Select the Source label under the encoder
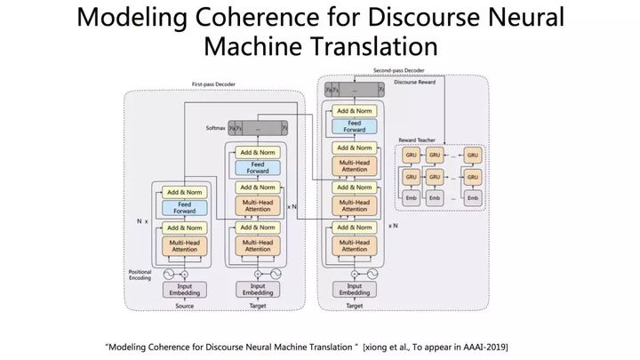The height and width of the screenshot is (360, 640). click(x=184, y=306)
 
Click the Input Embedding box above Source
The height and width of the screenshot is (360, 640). click(x=185, y=289)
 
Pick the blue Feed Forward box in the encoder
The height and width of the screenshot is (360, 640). click(x=185, y=208)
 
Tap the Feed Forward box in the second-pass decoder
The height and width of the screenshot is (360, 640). click(x=354, y=127)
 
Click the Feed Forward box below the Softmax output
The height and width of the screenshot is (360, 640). click(x=258, y=167)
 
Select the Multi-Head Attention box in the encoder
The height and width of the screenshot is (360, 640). click(x=185, y=246)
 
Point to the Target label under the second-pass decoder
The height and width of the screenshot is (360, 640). click(x=354, y=306)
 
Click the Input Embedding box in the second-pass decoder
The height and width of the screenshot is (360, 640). click(x=354, y=289)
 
